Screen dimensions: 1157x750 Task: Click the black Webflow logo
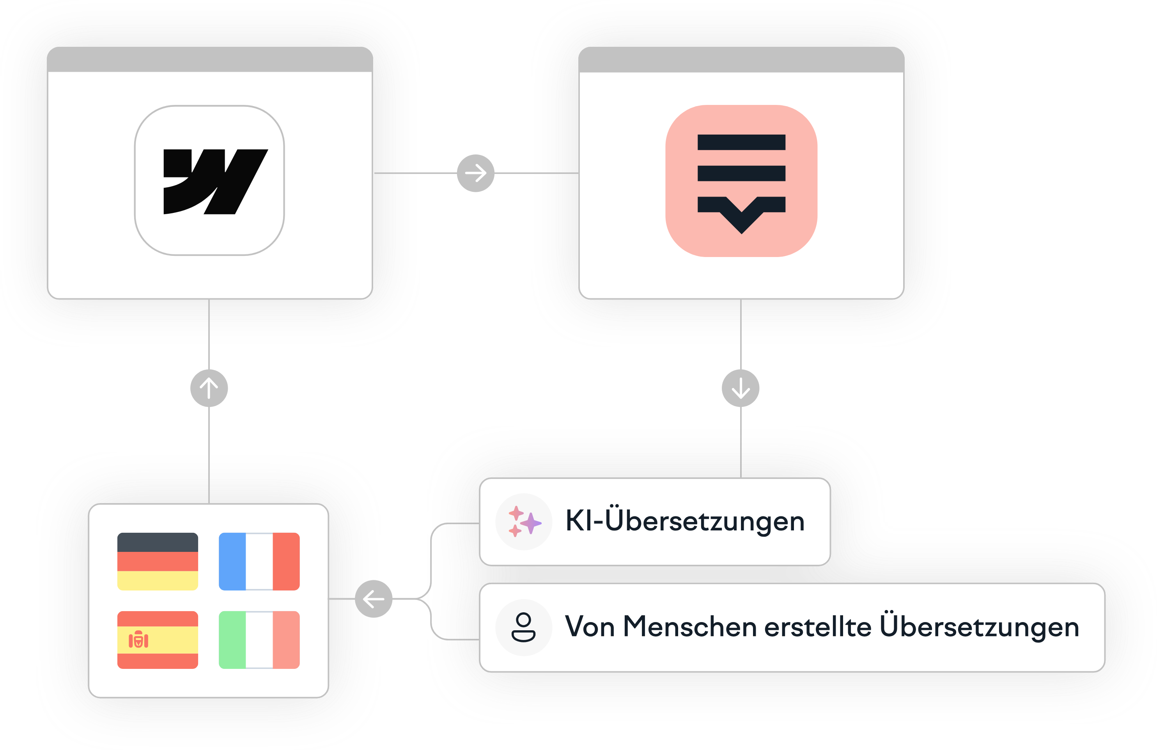pyautogui.click(x=216, y=182)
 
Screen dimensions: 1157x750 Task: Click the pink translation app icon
pyautogui.click(x=741, y=181)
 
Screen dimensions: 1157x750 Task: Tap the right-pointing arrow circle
pyautogui.click(x=475, y=173)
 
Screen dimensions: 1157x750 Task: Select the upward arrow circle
pyautogui.click(x=209, y=388)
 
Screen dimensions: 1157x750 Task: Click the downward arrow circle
pyautogui.click(x=741, y=388)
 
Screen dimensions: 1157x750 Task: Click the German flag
pyautogui.click(x=158, y=561)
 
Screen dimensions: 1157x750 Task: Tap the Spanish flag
pyautogui.click(x=158, y=640)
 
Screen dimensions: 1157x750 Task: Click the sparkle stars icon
pyautogui.click(x=524, y=521)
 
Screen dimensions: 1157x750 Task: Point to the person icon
pyautogui.click(x=524, y=628)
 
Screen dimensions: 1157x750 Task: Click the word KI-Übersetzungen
pyautogui.click(x=685, y=521)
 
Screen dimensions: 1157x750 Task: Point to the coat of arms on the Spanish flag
pyautogui.click(x=138, y=640)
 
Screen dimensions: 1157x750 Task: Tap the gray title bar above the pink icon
pyautogui.click(x=741, y=59)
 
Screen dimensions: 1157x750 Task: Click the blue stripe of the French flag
pyautogui.click(x=232, y=561)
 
